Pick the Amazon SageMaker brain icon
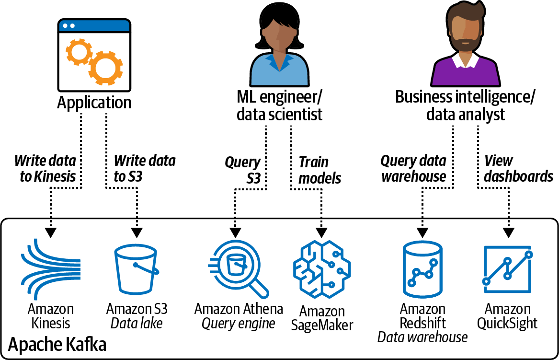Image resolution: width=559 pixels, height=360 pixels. (x=321, y=269)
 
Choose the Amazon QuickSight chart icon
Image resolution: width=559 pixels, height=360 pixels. (x=508, y=268)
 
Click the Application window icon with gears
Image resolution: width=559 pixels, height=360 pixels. (x=94, y=55)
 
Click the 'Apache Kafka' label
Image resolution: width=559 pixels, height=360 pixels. (x=57, y=345)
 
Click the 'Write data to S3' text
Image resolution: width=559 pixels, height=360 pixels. (x=144, y=168)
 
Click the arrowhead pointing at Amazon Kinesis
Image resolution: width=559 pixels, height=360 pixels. (x=50, y=232)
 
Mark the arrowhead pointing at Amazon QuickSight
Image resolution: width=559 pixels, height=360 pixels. (x=508, y=232)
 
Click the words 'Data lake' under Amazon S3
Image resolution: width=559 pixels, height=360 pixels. (x=137, y=324)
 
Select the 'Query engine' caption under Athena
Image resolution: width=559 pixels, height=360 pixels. (x=238, y=324)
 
